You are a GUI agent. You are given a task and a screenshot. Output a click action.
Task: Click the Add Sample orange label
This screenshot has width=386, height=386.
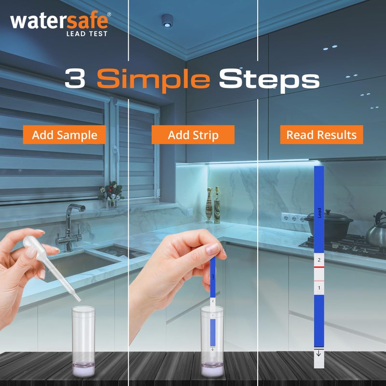click(x=65, y=135)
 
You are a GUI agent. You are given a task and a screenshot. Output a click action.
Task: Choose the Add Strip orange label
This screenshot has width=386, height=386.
click(x=193, y=135)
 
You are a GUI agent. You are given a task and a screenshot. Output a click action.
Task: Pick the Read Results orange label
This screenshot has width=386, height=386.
click(x=321, y=135)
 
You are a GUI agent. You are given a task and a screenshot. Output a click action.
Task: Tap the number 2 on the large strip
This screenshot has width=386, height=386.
click(x=318, y=260)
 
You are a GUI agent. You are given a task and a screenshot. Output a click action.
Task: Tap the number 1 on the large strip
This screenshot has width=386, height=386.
click(x=318, y=288)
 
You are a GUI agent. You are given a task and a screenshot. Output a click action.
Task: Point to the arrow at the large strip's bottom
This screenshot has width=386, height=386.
click(x=318, y=354)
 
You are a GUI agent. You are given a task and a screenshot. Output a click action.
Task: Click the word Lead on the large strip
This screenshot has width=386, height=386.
click(x=319, y=213)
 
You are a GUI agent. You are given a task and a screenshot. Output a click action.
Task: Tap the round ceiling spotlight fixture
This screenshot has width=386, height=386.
click(x=167, y=19)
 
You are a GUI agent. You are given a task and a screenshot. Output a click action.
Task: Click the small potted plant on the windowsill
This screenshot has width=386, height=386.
click(x=111, y=192)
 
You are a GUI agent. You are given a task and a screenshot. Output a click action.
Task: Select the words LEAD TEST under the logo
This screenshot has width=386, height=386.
click(x=87, y=33)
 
